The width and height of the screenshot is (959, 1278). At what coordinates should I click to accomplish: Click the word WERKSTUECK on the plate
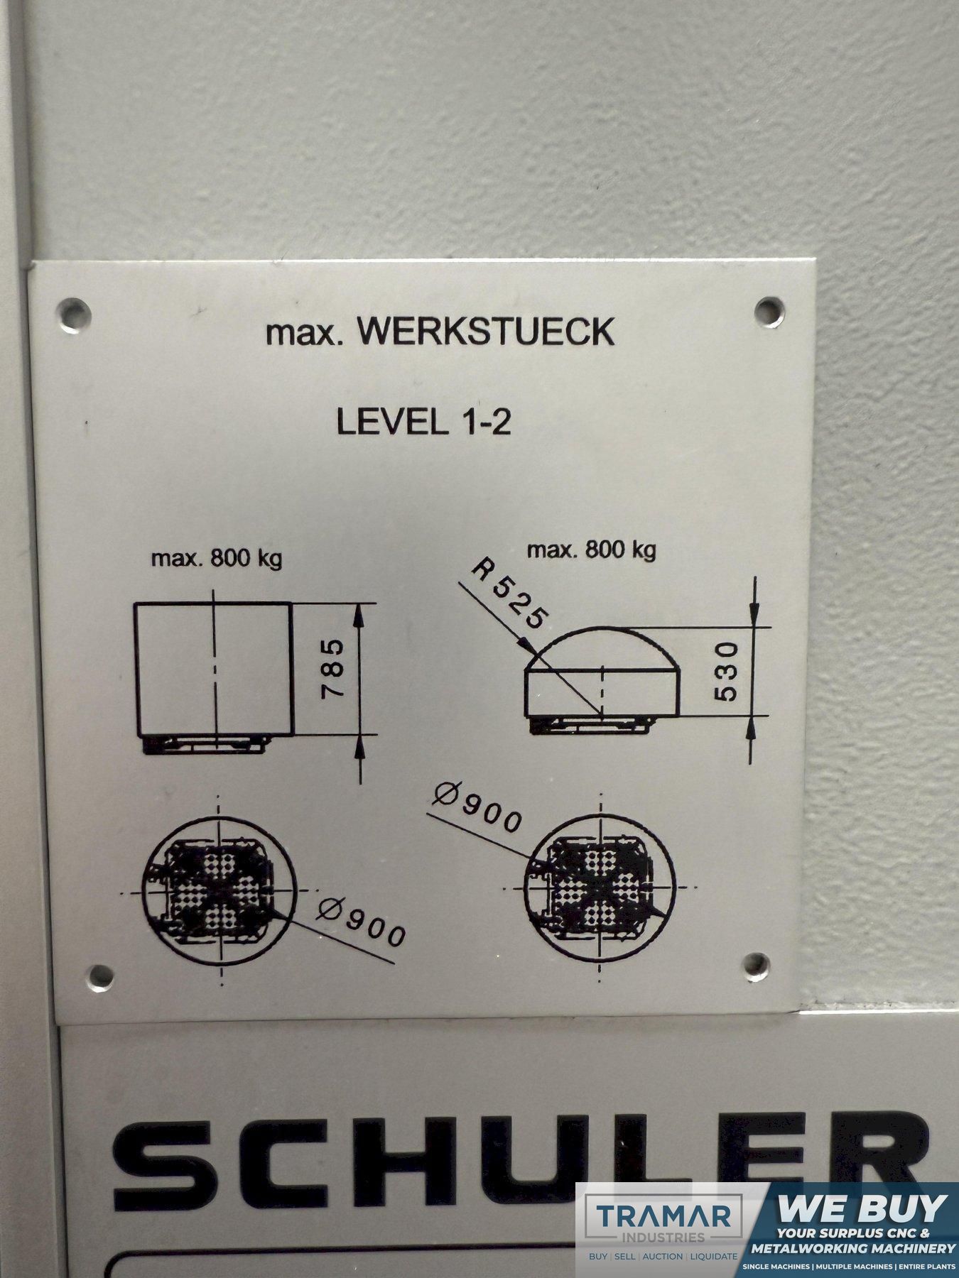click(x=485, y=332)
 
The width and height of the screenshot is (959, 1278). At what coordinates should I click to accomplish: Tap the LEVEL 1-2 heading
click(x=423, y=422)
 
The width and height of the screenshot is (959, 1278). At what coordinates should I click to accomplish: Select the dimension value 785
click(x=333, y=669)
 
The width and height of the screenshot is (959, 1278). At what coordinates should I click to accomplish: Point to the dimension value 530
click(x=727, y=671)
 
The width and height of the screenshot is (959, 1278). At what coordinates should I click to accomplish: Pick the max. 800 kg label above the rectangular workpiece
click(x=217, y=558)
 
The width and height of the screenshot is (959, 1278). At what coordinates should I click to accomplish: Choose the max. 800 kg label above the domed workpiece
click(x=591, y=550)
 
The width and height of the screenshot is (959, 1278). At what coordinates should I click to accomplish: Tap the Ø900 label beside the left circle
click(x=362, y=921)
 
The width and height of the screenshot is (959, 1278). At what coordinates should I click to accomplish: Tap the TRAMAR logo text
click(x=663, y=1216)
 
